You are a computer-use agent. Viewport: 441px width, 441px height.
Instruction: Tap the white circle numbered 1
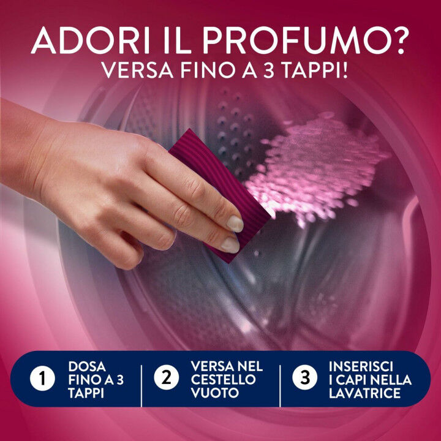click(x=42, y=379)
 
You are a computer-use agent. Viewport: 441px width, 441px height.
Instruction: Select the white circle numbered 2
click(x=166, y=379)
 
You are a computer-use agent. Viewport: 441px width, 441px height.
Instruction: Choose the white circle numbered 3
click(x=304, y=379)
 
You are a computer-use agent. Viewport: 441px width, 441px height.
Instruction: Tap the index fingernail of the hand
click(x=235, y=223)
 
